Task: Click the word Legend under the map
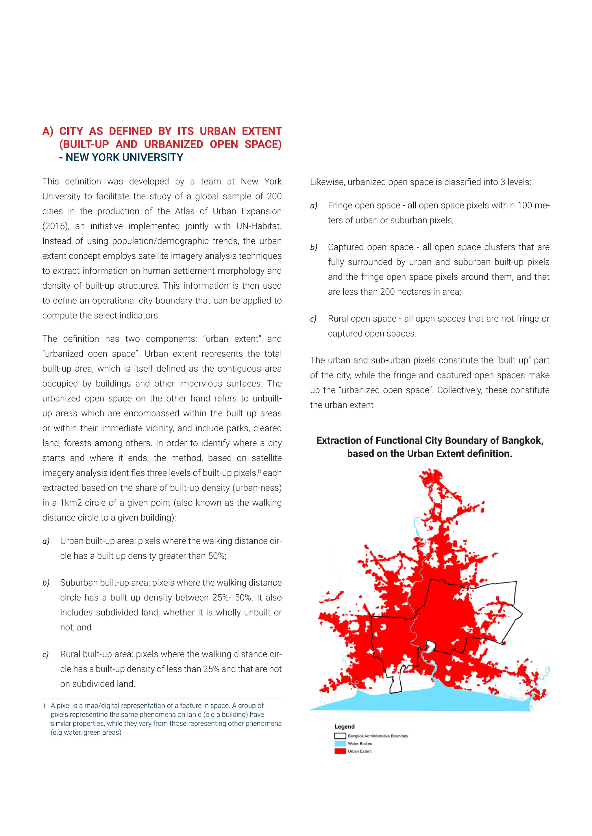click(x=345, y=726)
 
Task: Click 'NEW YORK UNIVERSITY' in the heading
click(x=124, y=158)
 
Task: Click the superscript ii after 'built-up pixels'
click(x=260, y=471)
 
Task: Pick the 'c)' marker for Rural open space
click(x=313, y=319)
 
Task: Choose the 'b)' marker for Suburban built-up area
click(x=46, y=583)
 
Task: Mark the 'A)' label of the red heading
click(x=48, y=131)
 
